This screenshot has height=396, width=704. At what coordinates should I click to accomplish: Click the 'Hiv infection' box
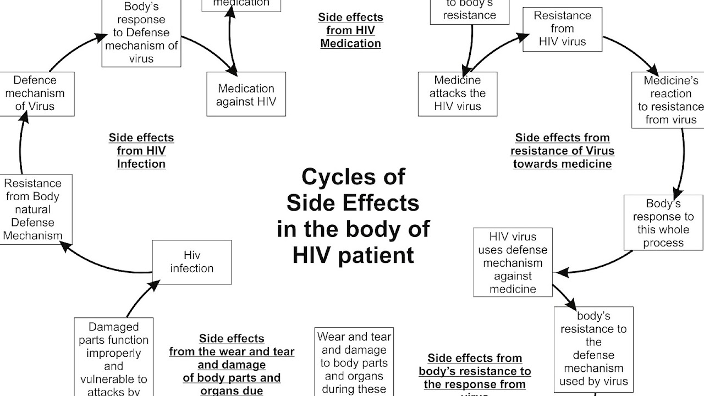pos(191,262)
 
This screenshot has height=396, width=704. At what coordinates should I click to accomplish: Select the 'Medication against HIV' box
pos(246,94)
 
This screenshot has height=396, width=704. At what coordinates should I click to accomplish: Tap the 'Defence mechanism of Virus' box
pos(37,93)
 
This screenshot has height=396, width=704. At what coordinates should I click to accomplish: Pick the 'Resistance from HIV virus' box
pos(562,29)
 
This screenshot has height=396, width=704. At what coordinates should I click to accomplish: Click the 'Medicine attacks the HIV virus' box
pos(457,94)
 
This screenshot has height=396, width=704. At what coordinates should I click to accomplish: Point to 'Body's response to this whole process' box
pos(663,223)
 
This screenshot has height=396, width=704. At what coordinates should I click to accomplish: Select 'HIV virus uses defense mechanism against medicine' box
pos(513,263)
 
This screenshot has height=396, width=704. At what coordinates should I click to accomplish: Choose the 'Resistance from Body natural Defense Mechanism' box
pos(32,210)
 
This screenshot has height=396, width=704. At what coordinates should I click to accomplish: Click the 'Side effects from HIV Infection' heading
pos(141,151)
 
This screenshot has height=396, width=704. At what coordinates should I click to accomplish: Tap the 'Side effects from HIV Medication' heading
pos(350,30)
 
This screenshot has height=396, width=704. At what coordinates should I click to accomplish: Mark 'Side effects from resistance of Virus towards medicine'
pos(562,151)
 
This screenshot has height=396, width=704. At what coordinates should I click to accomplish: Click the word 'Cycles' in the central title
pos(353,177)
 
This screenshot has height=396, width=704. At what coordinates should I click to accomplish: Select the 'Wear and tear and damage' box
pos(354,362)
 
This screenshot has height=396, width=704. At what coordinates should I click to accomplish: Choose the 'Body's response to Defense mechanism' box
pos(141,33)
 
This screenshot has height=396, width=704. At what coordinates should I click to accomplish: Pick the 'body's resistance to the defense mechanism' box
pos(593,349)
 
